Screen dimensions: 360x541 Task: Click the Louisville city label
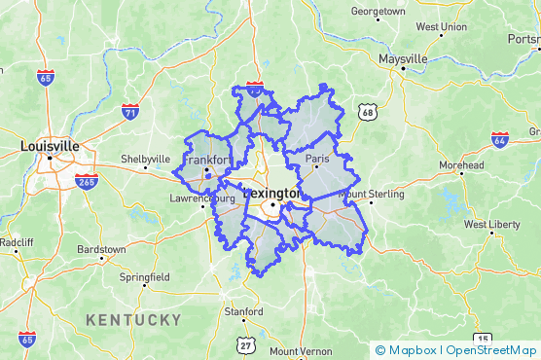coord(50,146)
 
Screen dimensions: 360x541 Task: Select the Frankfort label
coord(207,160)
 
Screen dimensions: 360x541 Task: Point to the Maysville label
coord(403,59)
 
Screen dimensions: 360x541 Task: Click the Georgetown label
coord(378,12)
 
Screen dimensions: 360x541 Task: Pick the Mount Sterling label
coord(371,195)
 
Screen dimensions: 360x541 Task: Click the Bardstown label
coord(101,249)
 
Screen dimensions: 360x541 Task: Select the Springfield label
coord(144,277)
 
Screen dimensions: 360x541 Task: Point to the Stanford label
coord(243,312)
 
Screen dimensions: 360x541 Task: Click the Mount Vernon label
coord(301,351)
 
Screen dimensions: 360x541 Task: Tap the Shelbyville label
coord(145,159)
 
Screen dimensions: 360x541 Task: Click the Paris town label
coord(318,158)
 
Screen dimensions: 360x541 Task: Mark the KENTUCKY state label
coord(133,320)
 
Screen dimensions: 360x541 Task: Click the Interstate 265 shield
coord(86,181)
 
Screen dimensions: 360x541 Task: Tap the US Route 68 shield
coord(366,113)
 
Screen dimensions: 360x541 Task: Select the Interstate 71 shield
coord(129,113)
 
